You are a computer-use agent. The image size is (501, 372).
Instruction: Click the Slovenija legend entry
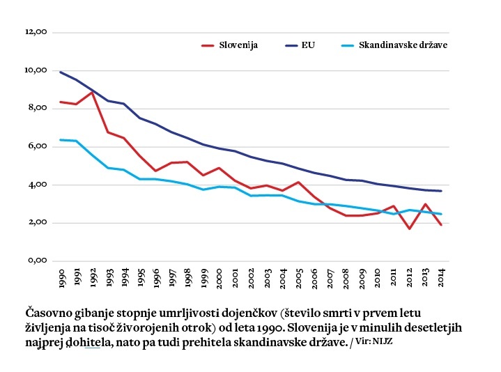238,45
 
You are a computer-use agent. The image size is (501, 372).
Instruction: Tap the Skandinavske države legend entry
402,45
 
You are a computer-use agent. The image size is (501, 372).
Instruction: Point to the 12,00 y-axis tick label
35,32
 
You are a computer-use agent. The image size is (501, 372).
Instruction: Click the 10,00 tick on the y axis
35,70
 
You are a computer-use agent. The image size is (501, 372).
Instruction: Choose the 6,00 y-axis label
36,146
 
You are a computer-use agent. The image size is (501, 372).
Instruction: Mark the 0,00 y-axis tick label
36,261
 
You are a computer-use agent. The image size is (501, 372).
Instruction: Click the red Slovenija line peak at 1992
92,92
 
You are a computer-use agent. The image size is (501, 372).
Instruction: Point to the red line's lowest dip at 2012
410,228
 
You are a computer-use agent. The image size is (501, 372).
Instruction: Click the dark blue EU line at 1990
61,72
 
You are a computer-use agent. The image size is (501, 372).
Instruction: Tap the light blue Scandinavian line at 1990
61,140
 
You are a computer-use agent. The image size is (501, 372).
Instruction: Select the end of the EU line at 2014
441,191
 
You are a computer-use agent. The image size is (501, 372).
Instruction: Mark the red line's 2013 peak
426,204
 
